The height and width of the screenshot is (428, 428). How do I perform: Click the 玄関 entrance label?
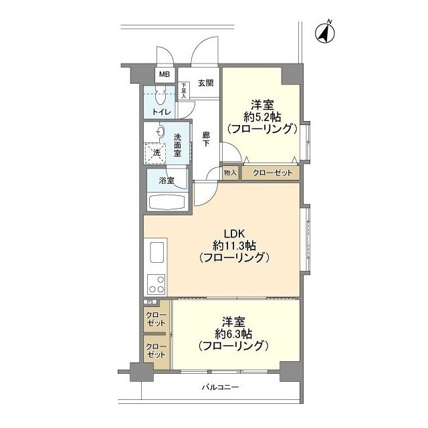point(205,84)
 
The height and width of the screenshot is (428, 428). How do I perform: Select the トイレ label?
point(161,111)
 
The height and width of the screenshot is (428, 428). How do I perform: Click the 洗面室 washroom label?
point(177,145)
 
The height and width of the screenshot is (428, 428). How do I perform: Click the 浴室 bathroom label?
point(167,181)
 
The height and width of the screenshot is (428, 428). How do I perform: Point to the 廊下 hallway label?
point(207,140)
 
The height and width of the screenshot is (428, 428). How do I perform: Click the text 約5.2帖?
point(261,116)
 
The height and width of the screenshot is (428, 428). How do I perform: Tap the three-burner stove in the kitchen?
point(156,284)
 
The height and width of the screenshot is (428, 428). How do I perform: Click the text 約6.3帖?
point(233,333)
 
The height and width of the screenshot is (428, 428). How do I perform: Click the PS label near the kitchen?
point(148,302)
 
